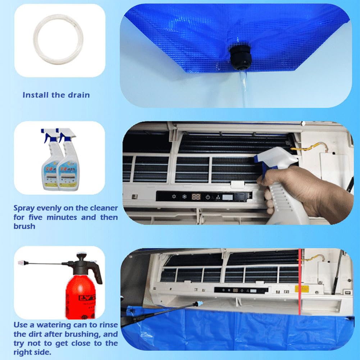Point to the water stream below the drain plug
point(244,86)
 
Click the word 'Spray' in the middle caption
point(24,208)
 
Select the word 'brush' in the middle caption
point(24,227)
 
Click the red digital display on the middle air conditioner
point(196,197)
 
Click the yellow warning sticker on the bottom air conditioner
point(302,288)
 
